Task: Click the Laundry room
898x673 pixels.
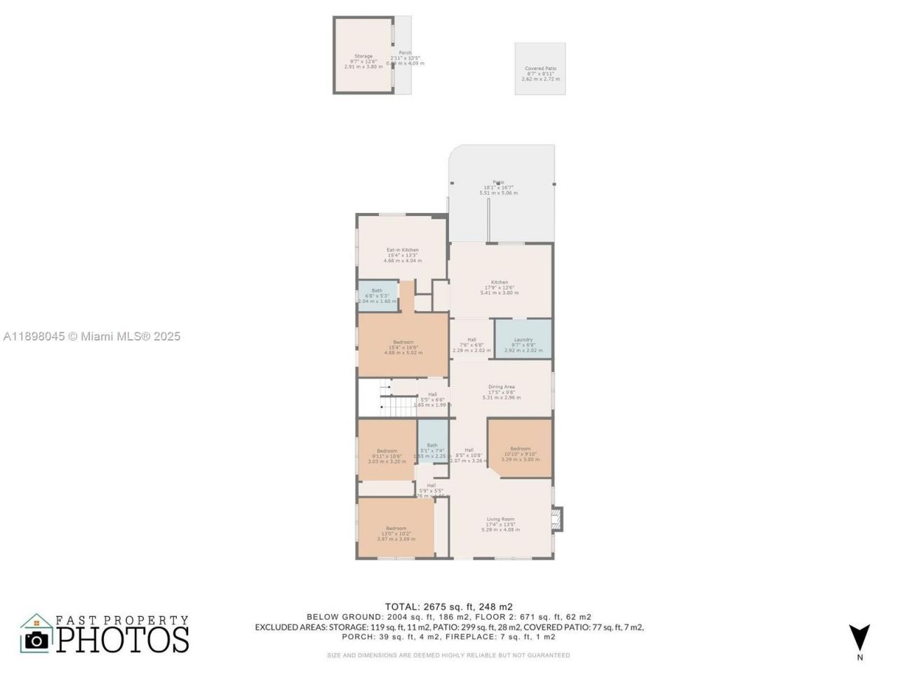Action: (x=523, y=339)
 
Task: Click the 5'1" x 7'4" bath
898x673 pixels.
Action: (x=432, y=449)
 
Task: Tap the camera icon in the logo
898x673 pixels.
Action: (x=36, y=639)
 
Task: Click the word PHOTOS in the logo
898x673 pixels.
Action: (x=123, y=639)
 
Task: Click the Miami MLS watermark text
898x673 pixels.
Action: (x=92, y=336)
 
